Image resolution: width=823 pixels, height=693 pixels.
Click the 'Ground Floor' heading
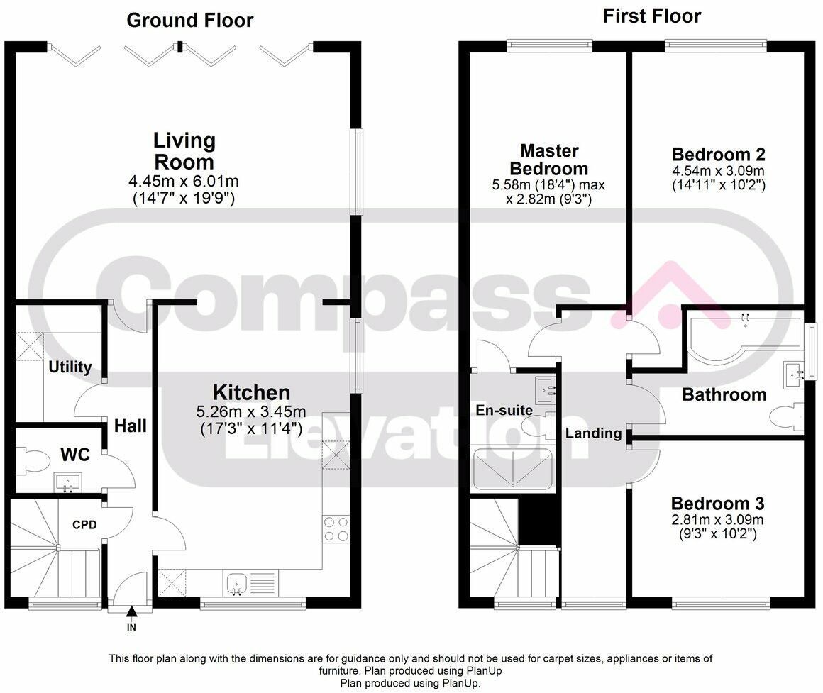(x=190, y=21)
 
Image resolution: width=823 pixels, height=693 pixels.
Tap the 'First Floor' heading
(x=652, y=16)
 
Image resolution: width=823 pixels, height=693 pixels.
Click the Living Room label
(x=184, y=151)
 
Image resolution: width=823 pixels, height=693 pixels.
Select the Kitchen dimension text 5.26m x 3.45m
(x=251, y=412)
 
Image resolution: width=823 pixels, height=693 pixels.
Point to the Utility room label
(x=70, y=367)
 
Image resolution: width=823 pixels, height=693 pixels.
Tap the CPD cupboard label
(x=84, y=525)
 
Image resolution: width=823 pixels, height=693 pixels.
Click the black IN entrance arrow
(x=131, y=611)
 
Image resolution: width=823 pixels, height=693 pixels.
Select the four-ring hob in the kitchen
(x=336, y=529)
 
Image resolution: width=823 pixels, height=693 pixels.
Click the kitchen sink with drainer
(x=251, y=583)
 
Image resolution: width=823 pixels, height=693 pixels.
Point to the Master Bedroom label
(x=549, y=160)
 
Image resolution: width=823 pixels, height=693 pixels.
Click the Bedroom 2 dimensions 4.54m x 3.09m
(x=718, y=170)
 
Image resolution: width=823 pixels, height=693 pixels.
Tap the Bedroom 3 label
(x=717, y=504)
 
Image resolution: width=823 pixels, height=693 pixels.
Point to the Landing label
(x=594, y=433)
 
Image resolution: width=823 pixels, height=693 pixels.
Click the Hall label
(x=131, y=426)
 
